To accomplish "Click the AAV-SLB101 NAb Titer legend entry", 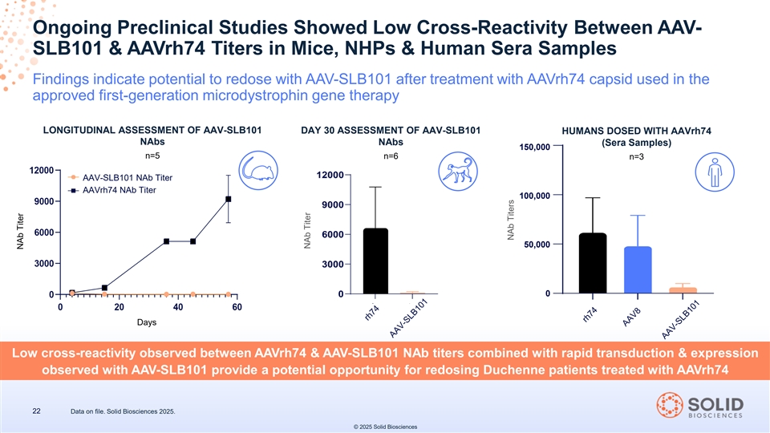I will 127,177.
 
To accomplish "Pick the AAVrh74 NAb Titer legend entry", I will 119,190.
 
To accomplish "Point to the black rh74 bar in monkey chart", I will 375,261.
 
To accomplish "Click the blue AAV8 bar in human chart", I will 638,270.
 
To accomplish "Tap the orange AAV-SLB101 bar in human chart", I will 683,290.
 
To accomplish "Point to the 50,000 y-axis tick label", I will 536,245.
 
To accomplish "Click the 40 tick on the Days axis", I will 177,306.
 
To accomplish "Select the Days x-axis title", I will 147,322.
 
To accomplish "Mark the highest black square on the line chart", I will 229,199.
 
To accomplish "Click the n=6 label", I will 390,156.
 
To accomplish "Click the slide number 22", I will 37,411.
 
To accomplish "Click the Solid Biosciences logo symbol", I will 670,406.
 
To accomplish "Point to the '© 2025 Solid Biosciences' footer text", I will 385,426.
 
